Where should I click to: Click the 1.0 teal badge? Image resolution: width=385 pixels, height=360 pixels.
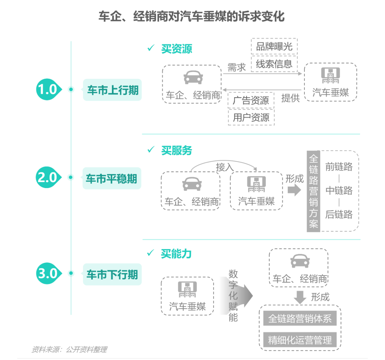click(47, 89)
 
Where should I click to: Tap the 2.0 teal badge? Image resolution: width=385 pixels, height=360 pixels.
click(47, 177)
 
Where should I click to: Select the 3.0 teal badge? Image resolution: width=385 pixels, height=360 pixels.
click(47, 273)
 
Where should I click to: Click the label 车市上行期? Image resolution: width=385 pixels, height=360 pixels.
click(112, 90)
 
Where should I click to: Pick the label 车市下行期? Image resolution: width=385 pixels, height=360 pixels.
click(112, 275)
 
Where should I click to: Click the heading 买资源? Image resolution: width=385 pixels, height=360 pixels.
click(176, 49)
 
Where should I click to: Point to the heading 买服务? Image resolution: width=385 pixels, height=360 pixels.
click(176, 150)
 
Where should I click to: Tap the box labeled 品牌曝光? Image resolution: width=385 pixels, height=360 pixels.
click(274, 46)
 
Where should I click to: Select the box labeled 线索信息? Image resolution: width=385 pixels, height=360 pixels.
click(274, 64)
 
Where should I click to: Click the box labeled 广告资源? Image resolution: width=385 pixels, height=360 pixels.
click(251, 100)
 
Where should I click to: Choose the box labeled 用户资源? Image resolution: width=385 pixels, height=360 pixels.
click(251, 118)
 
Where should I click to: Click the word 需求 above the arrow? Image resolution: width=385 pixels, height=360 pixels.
click(237, 67)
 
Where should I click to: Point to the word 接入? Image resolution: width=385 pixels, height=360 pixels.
click(225, 167)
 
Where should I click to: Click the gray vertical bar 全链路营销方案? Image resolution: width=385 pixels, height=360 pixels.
click(314, 191)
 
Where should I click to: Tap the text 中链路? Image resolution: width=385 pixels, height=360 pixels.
click(339, 191)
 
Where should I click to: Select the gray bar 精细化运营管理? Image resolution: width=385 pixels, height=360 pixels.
click(300, 340)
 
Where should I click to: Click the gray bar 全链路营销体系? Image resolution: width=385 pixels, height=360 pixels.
click(300, 318)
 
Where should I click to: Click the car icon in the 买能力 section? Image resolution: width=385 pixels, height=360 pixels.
click(300, 261)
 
